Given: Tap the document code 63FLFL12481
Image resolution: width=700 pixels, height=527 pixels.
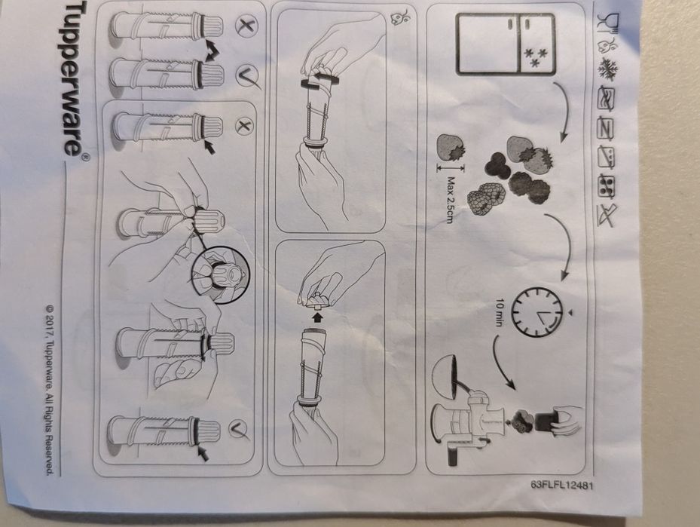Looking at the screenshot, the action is click(562, 485).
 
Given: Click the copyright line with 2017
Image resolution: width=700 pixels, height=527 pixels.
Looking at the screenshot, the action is click(50, 390).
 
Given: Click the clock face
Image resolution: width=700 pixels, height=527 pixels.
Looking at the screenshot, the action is click(536, 311).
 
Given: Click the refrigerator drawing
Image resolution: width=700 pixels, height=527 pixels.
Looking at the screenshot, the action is click(506, 44).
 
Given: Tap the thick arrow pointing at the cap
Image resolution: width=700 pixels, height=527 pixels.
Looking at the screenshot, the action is click(316, 317).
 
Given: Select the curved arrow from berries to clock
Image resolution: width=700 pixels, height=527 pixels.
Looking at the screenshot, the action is click(564, 244).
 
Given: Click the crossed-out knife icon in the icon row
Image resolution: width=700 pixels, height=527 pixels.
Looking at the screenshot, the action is click(607, 216).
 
